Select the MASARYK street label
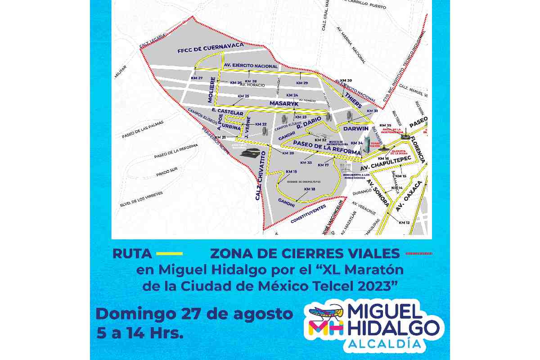pyautogui.click(x=284, y=103)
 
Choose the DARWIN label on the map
pyautogui.click(x=356, y=128)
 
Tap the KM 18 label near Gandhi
pyautogui.click(x=310, y=189)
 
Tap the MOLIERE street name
pyautogui.click(x=209, y=90)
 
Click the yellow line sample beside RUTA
pyautogui.click(x=169, y=253)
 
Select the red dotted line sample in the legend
pyautogui.click(x=419, y=253)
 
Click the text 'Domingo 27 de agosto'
pyautogui.click(x=194, y=314)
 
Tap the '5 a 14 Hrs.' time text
pyautogui.click(x=140, y=333)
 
